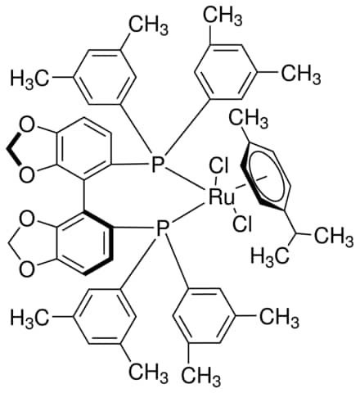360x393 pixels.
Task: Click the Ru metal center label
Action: point(222,197)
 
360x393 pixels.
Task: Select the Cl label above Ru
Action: point(218,167)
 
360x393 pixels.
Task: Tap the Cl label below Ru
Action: point(242,224)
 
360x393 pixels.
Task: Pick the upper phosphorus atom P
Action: point(158,164)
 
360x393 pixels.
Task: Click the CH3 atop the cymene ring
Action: point(248,119)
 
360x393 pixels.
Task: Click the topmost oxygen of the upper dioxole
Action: point(27,127)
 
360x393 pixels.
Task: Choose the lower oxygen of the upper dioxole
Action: point(27,174)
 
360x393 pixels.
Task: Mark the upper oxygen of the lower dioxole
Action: point(27,219)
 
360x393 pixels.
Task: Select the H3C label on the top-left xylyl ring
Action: point(29,79)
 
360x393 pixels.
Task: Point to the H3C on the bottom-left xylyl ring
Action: point(29,317)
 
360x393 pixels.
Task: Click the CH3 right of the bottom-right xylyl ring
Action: point(279,317)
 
